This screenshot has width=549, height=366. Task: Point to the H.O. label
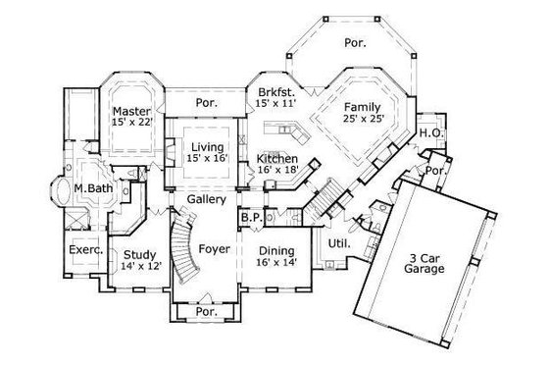[x=428, y=133]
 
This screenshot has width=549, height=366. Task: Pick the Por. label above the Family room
[x=354, y=41]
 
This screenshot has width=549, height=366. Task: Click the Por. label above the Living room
[x=206, y=101]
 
